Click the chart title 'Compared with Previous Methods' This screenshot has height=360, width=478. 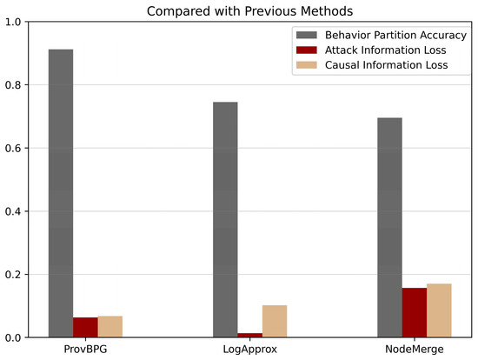[x=248, y=10]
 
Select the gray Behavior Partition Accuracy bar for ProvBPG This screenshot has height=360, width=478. [x=61, y=193]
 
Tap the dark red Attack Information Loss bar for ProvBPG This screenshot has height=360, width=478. [x=85, y=327]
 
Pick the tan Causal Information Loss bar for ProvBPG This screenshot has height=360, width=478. [x=110, y=326]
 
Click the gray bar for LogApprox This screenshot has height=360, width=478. [x=225, y=219]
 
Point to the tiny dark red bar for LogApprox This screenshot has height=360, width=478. [x=250, y=335]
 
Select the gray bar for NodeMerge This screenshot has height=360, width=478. [x=389, y=227]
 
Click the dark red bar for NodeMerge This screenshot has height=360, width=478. [x=415, y=312]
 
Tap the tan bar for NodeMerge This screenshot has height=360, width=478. [x=439, y=310]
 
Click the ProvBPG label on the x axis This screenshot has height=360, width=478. [x=85, y=349]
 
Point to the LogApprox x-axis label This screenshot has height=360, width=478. [x=250, y=349]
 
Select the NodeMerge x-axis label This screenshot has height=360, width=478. [x=415, y=349]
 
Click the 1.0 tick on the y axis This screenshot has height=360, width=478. [x=14, y=22]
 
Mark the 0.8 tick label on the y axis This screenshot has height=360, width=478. [x=14, y=85]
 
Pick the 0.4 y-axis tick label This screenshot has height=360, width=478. [x=14, y=211]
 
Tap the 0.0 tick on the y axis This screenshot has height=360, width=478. [x=14, y=337]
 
